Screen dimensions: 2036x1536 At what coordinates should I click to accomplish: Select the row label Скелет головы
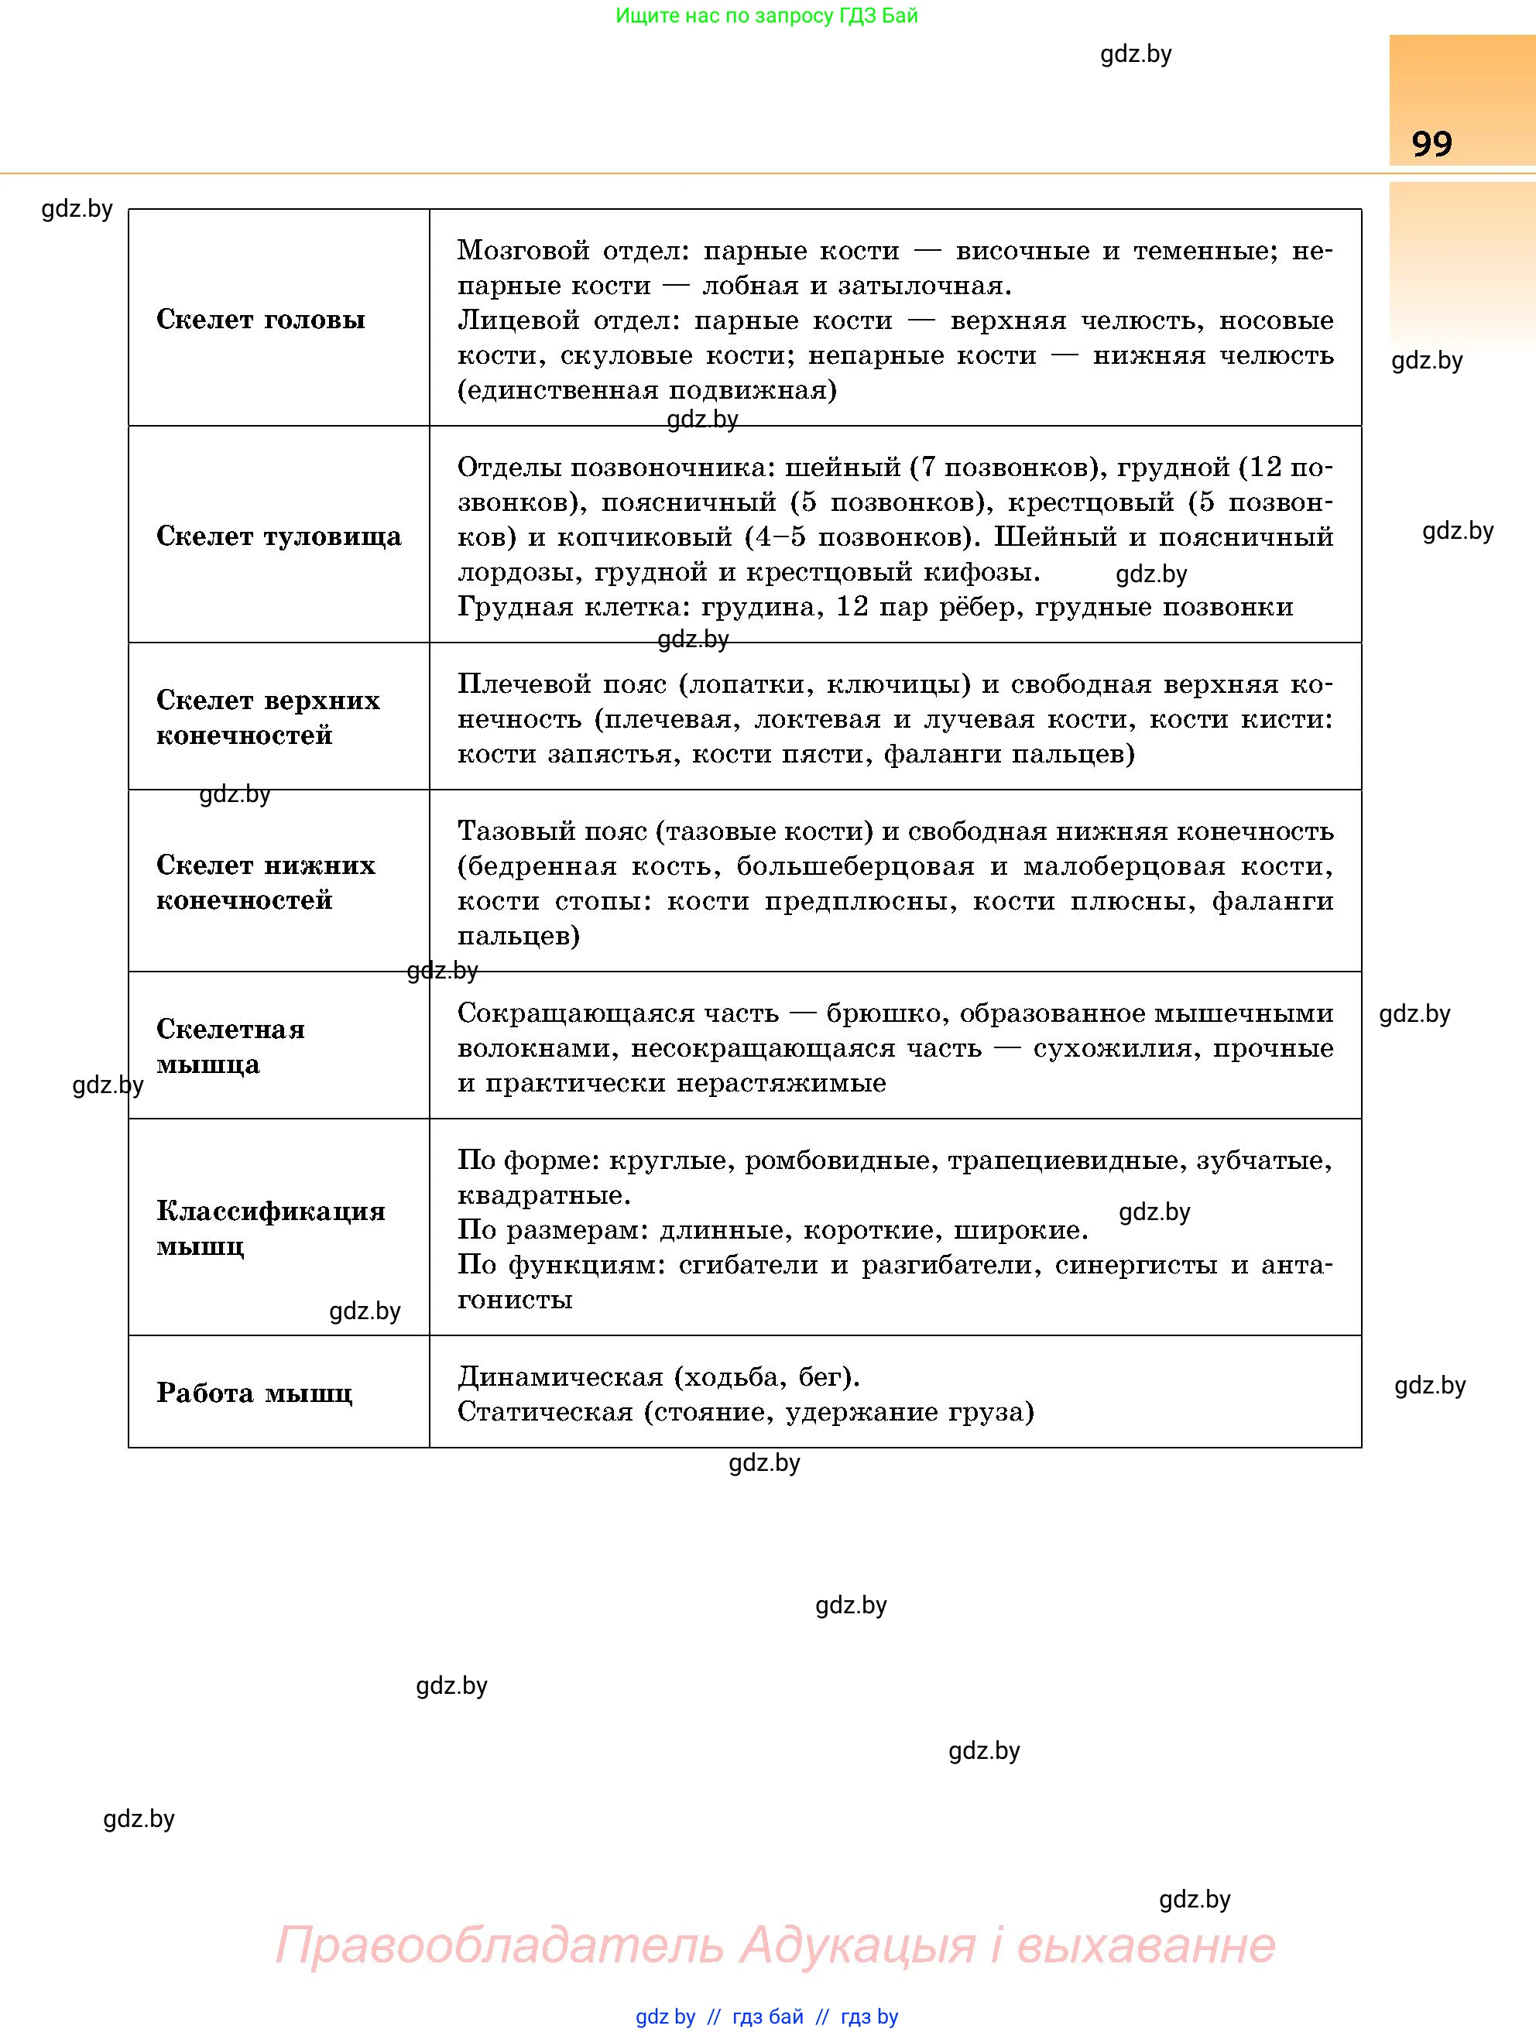(x=260, y=320)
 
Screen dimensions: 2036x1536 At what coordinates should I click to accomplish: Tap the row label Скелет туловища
(x=278, y=536)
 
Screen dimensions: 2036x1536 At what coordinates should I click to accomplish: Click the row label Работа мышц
(x=254, y=1393)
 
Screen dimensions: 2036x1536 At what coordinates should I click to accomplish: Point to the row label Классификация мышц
(x=269, y=1228)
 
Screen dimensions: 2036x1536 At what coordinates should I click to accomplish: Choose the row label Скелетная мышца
(x=230, y=1047)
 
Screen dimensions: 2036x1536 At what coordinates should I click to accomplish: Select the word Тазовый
(x=517, y=831)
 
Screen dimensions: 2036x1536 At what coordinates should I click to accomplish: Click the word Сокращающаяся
(x=571, y=1013)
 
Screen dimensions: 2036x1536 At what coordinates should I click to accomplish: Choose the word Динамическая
(x=560, y=1377)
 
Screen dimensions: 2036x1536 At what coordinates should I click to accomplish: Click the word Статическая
(x=545, y=1412)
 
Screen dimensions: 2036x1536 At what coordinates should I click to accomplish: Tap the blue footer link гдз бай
(x=766, y=2017)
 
